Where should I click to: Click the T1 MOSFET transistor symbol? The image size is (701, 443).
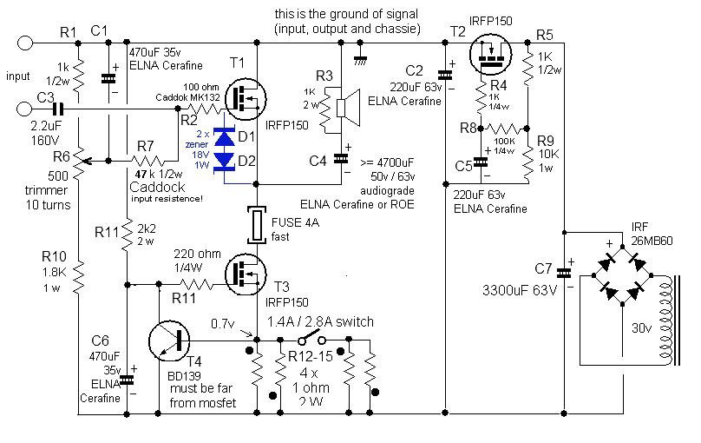tap(246, 99)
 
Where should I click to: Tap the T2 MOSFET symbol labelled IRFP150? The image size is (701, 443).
tap(491, 55)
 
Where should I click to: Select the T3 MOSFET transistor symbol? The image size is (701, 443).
tap(246, 274)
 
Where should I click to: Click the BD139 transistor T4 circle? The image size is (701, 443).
tap(169, 341)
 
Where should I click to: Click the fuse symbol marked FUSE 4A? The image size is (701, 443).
tap(257, 224)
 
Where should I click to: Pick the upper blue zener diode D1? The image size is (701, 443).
tap(224, 137)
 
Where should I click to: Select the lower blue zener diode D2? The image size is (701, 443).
tap(224, 161)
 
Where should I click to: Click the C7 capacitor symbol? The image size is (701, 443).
tap(564, 273)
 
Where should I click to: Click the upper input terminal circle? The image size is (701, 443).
tap(25, 43)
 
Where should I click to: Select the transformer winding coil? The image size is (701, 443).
tap(665, 321)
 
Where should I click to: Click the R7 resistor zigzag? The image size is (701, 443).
tap(147, 161)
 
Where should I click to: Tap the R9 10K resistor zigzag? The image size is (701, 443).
tap(528, 161)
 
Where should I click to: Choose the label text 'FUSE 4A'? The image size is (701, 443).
tap(295, 222)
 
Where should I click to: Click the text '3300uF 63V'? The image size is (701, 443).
tap(520, 290)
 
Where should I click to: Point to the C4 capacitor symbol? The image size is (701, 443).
tap(341, 158)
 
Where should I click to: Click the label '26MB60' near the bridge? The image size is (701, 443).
tap(652, 241)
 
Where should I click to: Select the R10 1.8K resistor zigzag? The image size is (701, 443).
tap(78, 277)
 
